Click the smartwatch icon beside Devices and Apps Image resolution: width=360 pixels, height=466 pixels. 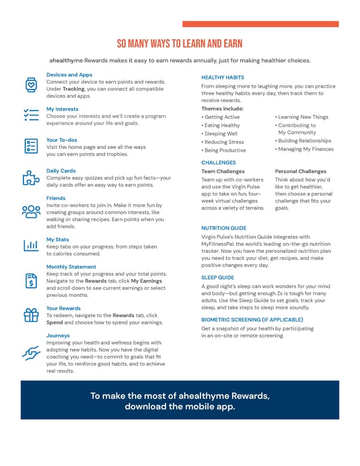point(30,85)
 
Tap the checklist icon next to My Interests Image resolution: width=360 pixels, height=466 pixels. point(30,115)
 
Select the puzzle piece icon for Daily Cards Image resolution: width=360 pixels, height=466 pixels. point(30,178)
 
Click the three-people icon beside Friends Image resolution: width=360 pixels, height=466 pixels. point(30,211)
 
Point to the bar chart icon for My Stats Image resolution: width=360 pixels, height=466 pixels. point(30,245)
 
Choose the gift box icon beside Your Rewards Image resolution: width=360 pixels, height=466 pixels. point(30,314)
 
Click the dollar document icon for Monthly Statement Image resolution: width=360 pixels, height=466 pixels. point(30,280)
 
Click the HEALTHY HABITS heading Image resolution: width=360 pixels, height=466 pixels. point(223,77)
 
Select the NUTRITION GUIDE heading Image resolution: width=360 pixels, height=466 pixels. point(224,228)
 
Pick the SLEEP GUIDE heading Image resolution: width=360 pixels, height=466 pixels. point(218,277)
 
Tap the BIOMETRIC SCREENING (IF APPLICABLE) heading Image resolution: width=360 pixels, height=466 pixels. point(252,319)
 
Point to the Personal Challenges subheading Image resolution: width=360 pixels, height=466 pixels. point(301,171)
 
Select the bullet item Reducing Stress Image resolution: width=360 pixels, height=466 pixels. point(224,142)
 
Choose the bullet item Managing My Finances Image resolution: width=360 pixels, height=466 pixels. point(304,149)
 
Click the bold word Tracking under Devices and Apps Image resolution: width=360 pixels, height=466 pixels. point(73,89)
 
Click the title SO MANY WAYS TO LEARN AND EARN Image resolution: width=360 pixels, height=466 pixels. point(180,44)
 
